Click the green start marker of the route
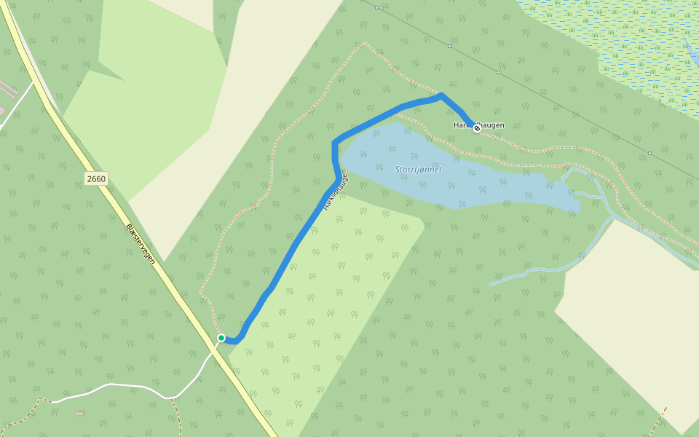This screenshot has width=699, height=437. [x=221, y=338]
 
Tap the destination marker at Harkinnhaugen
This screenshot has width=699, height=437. [x=477, y=128]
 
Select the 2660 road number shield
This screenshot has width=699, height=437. [x=95, y=178]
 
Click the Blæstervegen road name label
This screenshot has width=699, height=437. [x=144, y=243]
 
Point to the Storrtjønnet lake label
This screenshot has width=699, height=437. [x=418, y=170]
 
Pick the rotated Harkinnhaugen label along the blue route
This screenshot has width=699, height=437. [x=333, y=192]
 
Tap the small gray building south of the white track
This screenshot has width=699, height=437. [x=79, y=414]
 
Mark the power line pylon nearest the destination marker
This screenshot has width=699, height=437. [x=499, y=72]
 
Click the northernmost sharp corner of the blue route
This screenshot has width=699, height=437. [x=441, y=94]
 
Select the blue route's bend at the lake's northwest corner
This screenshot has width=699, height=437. [x=335, y=142]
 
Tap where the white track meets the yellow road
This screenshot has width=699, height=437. [x=214, y=349]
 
